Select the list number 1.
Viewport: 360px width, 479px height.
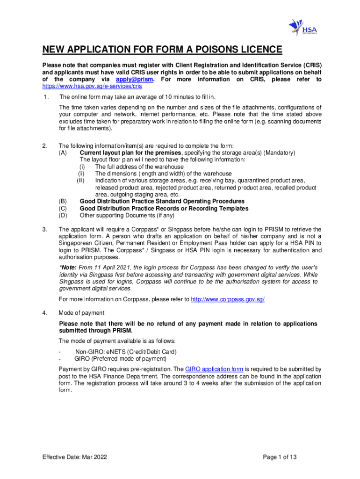pyautogui.click(x=45, y=97)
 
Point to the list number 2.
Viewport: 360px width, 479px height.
pyautogui.click(x=45, y=146)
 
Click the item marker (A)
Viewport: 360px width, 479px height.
pyautogui.click(x=63, y=153)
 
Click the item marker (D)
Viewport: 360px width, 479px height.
pyautogui.click(x=63, y=216)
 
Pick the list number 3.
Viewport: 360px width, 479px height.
pyautogui.click(x=45, y=230)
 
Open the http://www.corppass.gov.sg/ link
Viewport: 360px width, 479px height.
pyautogui.click(x=228, y=299)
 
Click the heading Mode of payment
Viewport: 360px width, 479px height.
pyautogui.click(x=81, y=313)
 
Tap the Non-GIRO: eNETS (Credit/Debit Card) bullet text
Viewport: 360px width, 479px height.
pyautogui.click(x=126, y=352)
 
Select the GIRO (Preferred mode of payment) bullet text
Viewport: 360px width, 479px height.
pyautogui.click(x=121, y=359)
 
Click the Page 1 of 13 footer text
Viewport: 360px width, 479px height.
pyautogui.click(x=280, y=457)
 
